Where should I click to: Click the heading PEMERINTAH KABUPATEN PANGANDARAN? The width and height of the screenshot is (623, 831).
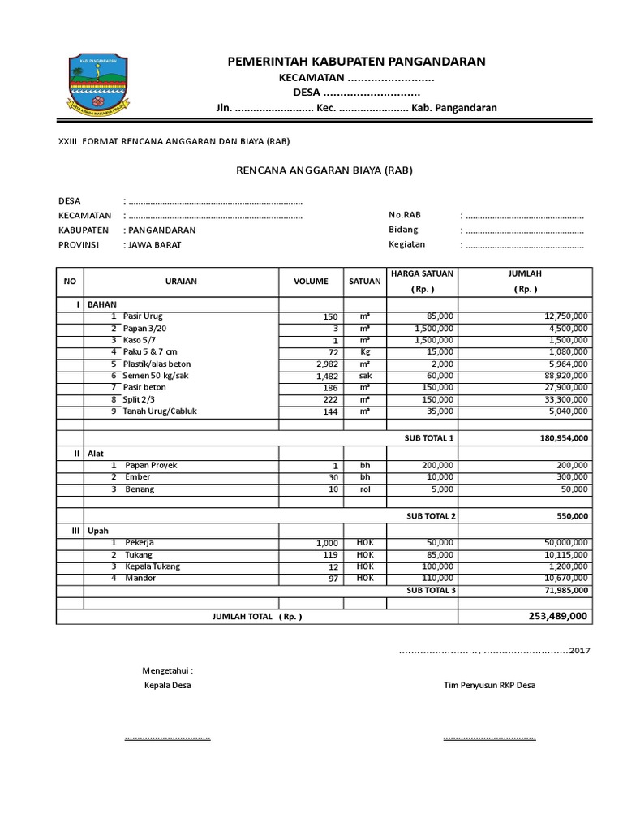[356, 61]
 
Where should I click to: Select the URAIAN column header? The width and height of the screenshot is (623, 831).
[181, 281]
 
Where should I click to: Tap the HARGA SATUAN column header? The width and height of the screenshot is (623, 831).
[423, 274]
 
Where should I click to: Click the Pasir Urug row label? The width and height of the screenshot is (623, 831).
[144, 316]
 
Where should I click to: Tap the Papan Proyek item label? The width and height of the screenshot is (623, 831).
[151, 465]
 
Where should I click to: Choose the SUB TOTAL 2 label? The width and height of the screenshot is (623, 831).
[430, 515]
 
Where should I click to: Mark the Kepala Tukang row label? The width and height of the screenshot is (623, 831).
[153, 566]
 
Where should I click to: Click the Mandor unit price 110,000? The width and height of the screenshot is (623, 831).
[436, 578]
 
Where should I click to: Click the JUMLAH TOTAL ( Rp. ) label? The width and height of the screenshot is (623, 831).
[257, 617]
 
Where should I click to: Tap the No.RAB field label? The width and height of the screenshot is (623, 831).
[406, 215]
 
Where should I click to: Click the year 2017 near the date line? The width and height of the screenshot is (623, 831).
[581, 651]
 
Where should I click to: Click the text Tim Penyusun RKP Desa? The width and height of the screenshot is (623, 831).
[489, 685]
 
